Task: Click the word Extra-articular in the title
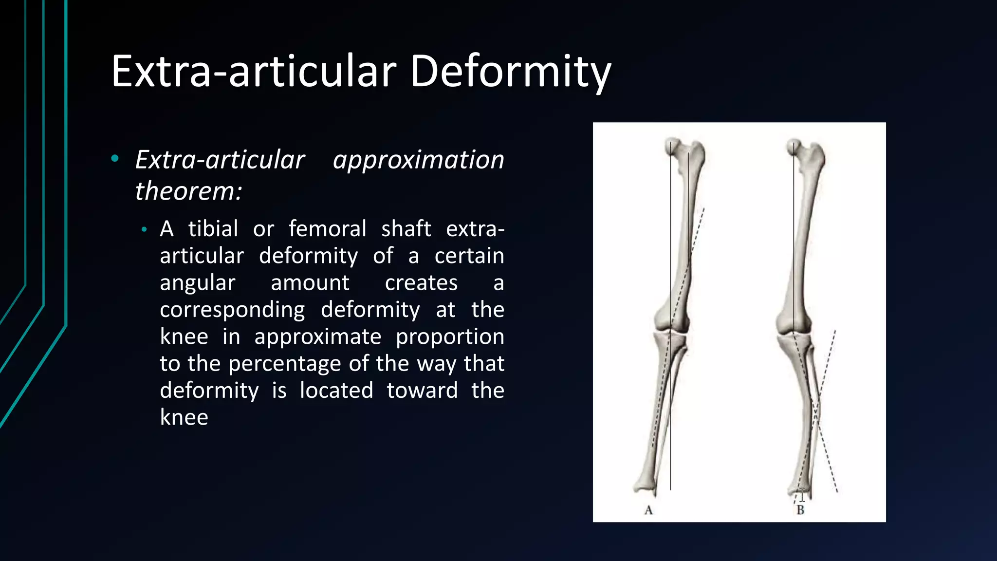(254, 72)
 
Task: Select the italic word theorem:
(188, 190)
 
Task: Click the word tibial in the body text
(213, 228)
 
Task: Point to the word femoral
(327, 228)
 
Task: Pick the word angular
(198, 282)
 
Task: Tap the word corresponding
(232, 309)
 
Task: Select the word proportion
(450, 337)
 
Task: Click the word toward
(422, 390)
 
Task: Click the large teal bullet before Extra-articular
(115, 158)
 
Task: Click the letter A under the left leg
(648, 510)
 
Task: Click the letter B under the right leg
(800, 510)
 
